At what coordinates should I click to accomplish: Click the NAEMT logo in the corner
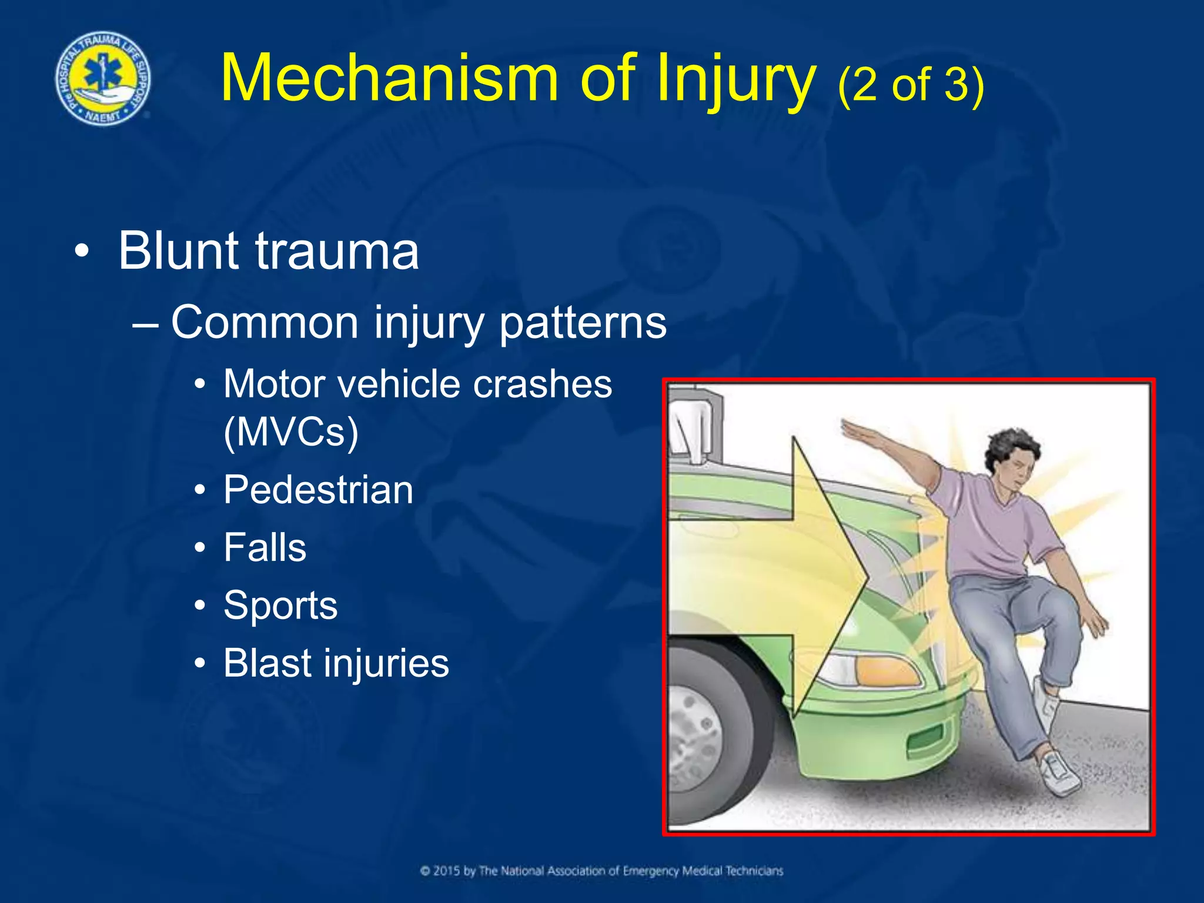point(103,78)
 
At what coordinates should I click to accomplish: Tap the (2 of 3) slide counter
point(910,85)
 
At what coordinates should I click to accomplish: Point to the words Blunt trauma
point(269,251)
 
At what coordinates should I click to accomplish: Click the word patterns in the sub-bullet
point(583,323)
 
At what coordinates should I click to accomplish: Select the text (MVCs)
point(291,432)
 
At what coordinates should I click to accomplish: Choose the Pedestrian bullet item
point(318,490)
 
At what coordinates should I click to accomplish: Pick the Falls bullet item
point(265,547)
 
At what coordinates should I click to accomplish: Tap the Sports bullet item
point(280,606)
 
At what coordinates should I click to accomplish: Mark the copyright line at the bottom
point(601,871)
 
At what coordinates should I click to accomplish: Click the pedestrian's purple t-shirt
point(999,529)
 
